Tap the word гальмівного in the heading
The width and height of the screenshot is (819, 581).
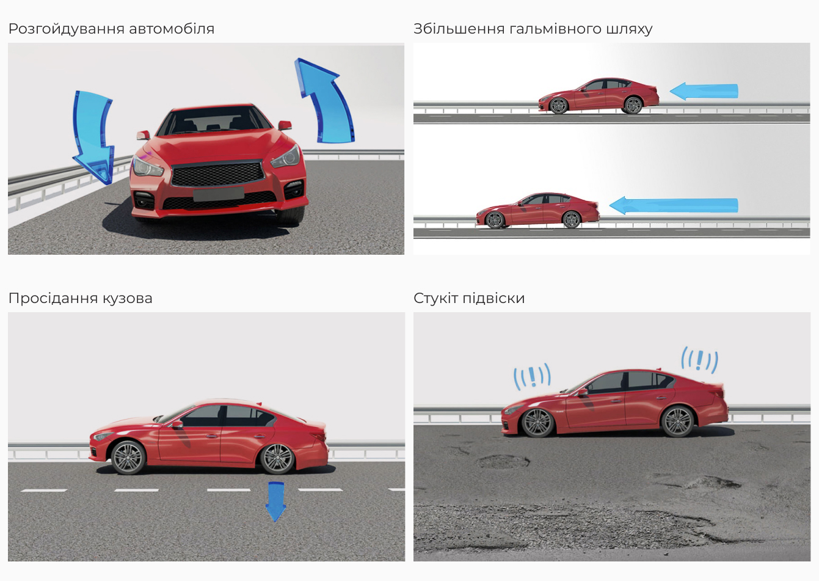[x=555, y=29]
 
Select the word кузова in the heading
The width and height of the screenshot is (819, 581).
[x=127, y=298]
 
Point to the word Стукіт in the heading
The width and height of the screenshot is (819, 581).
[x=435, y=298]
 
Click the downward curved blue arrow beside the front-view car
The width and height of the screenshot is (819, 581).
[x=93, y=136]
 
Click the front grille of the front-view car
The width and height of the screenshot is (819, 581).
[x=218, y=174]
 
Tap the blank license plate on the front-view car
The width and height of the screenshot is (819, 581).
[x=219, y=194]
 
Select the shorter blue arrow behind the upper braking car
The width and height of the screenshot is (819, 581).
[x=704, y=92]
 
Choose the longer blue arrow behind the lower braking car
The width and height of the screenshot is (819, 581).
[x=674, y=205]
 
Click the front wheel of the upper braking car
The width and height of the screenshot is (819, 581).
[x=558, y=106]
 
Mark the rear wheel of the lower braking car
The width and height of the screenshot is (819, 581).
[x=572, y=219]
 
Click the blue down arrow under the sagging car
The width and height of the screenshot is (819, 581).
[x=276, y=502]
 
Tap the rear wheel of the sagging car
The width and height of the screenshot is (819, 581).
[x=277, y=459]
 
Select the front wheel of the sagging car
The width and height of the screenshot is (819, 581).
[x=128, y=458]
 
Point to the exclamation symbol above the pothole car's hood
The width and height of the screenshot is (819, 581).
[x=533, y=376]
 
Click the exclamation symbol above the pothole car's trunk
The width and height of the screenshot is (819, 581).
[x=699, y=360]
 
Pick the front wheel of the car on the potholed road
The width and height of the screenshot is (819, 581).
[x=537, y=422]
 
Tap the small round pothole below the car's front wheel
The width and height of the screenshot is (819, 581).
[x=503, y=461]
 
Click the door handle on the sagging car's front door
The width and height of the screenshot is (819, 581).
[x=211, y=436]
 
